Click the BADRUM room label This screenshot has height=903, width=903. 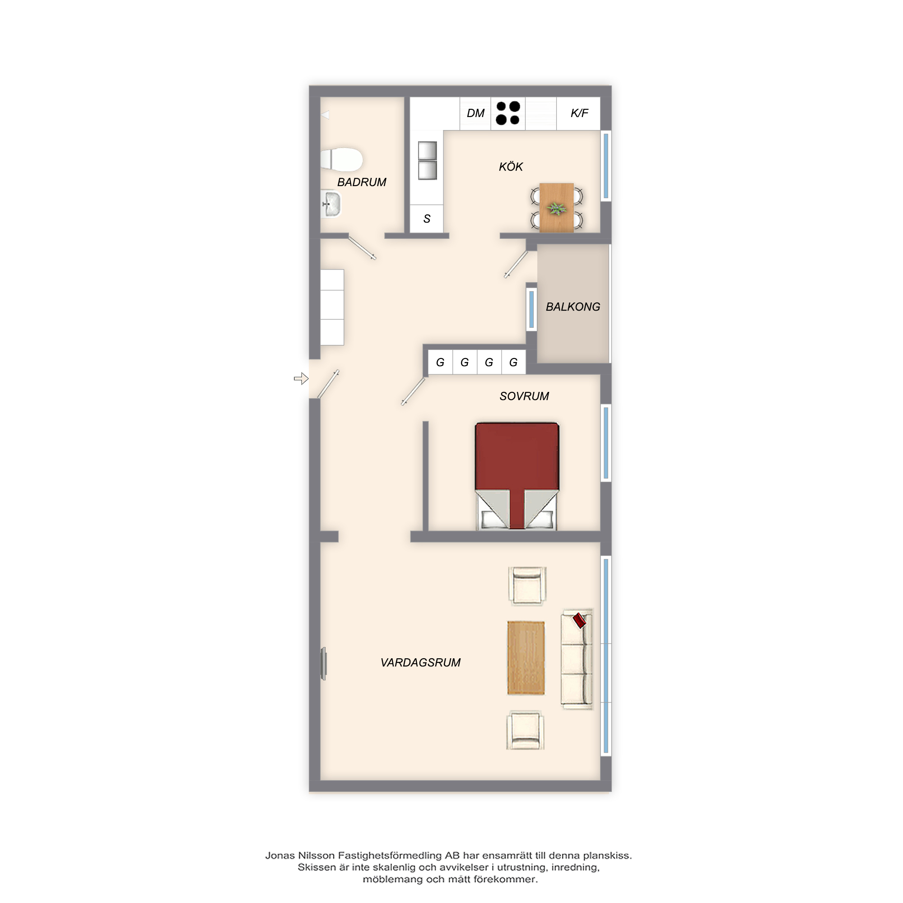pos(362,182)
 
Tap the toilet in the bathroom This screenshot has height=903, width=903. pos(342,159)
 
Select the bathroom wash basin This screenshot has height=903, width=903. pos(331,204)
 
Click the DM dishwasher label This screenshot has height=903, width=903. pos(475,113)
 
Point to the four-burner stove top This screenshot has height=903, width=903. pos(507,113)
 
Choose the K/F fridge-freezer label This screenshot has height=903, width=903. pos(579,113)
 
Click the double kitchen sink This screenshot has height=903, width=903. pos(427,160)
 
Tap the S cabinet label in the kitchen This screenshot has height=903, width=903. pos(427,219)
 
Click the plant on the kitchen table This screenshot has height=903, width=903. pos(557,209)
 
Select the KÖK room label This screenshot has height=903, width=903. pos(510,167)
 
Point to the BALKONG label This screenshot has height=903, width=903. pos(573,307)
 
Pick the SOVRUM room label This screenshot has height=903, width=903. pos(524,396)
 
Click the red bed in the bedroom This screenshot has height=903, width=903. pos(517,476)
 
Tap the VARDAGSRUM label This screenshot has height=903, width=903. pos(420,663)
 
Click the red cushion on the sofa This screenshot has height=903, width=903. pos(580,620)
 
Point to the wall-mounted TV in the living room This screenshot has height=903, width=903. pos(323,663)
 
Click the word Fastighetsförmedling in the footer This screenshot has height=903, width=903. pos(390,856)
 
